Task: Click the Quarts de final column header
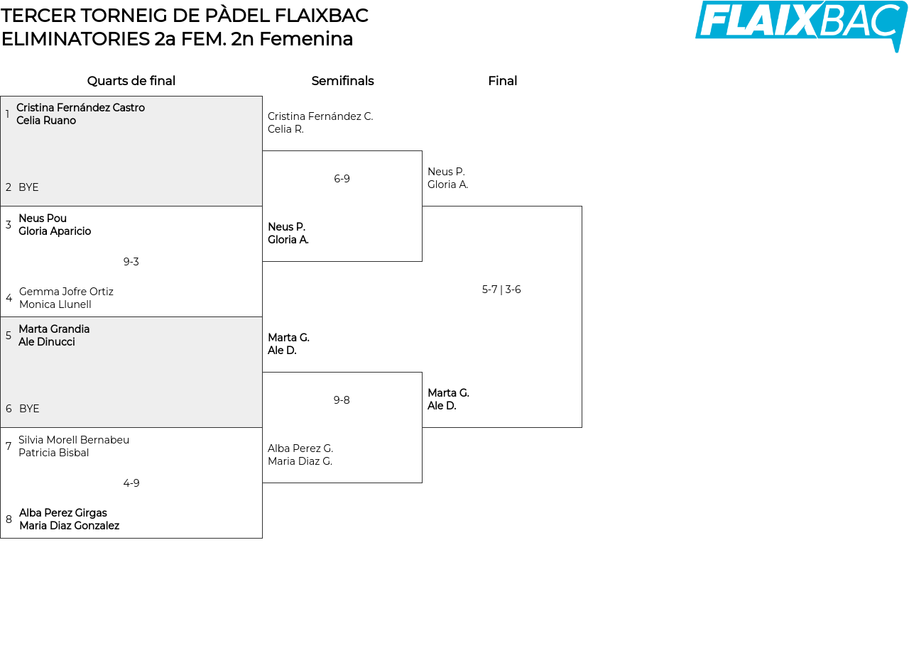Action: click(131, 81)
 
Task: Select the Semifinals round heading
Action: click(342, 81)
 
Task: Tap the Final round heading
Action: click(502, 81)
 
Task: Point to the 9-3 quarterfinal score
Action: click(131, 262)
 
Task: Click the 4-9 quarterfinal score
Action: click(131, 483)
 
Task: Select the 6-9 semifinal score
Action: click(342, 178)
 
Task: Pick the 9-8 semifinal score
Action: click(342, 400)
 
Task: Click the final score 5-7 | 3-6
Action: click(501, 289)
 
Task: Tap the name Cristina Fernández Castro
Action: click(80, 107)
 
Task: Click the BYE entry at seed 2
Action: click(28, 187)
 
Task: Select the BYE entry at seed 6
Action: click(29, 408)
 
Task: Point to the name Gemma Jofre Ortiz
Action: click(66, 292)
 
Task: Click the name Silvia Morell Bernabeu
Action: click(74, 440)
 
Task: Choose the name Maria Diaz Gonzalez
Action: click(70, 526)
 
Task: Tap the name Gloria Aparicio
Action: click(55, 231)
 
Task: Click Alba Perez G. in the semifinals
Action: click(300, 448)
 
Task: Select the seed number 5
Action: click(9, 336)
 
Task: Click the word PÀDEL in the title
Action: click(237, 16)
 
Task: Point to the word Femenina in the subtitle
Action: click(306, 39)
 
